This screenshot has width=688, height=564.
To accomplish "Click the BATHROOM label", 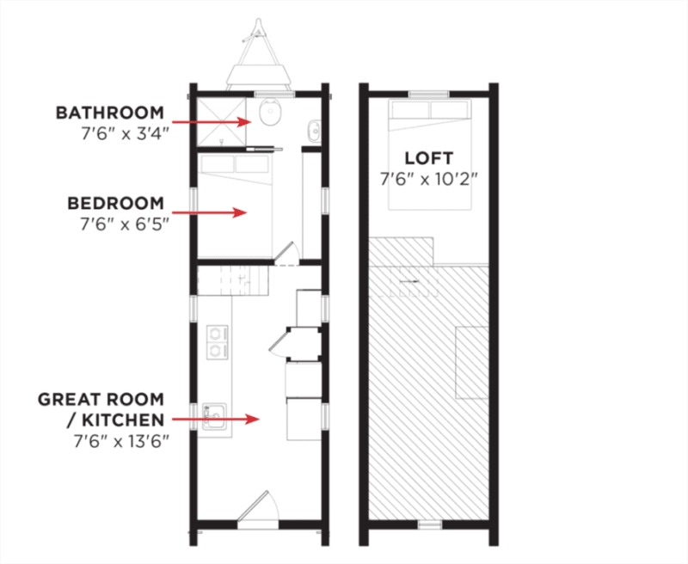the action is coord(110,113).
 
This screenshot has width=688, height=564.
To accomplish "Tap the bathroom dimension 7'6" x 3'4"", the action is coord(125,133).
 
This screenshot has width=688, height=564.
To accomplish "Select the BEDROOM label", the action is coord(116,203).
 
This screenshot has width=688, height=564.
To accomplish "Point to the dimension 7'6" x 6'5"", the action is coord(125,224).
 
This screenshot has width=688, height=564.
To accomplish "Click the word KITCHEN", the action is coord(123,420).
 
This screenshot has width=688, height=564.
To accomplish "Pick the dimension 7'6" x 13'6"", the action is coord(121,441).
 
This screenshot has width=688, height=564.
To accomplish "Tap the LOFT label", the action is coord(428,158).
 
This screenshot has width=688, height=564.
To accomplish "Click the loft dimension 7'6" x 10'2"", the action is coord(428,179).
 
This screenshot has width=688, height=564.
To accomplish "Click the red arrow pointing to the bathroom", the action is coord(212,121).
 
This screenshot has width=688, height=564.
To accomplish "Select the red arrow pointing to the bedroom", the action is coord(209,212).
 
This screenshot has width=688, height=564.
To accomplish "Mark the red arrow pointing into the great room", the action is coord(216,420).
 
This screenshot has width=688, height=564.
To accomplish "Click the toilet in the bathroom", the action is coord(269,112).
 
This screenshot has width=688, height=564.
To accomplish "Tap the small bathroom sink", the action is coord(314,130).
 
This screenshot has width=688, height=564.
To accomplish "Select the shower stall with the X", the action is coord(221,121).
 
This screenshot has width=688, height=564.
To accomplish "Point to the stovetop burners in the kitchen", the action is coord(217,342).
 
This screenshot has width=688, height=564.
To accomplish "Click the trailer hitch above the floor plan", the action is coord(259,54).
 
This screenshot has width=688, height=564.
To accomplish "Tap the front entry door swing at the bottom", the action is coord(257,506).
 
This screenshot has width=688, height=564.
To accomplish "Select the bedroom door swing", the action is coord(287,253).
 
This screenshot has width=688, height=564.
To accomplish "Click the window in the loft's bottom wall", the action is coord(430,524).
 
